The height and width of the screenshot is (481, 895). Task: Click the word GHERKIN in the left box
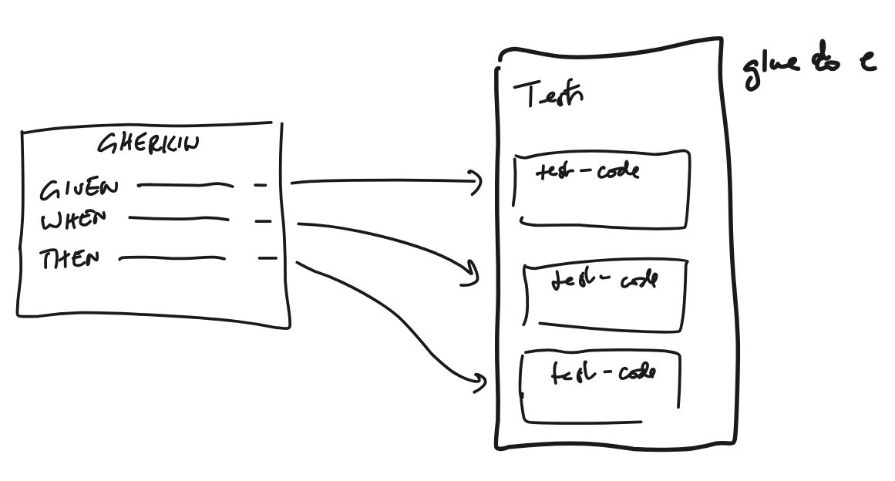[x=148, y=145]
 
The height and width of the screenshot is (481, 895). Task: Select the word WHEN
[x=73, y=222]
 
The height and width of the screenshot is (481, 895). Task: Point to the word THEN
[x=70, y=259]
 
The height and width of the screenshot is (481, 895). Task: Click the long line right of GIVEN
[x=184, y=185]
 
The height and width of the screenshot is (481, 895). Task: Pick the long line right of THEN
[x=172, y=259]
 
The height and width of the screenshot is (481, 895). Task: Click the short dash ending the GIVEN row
[x=261, y=185]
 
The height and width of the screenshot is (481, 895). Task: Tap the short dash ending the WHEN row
[x=263, y=221]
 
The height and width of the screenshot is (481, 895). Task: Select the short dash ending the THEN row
[x=267, y=258]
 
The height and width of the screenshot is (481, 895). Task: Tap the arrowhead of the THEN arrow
[x=480, y=383]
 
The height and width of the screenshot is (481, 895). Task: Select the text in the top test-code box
[x=588, y=172]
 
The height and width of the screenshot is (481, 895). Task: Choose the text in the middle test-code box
[x=604, y=281]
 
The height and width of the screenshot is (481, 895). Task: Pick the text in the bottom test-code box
[x=603, y=374]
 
